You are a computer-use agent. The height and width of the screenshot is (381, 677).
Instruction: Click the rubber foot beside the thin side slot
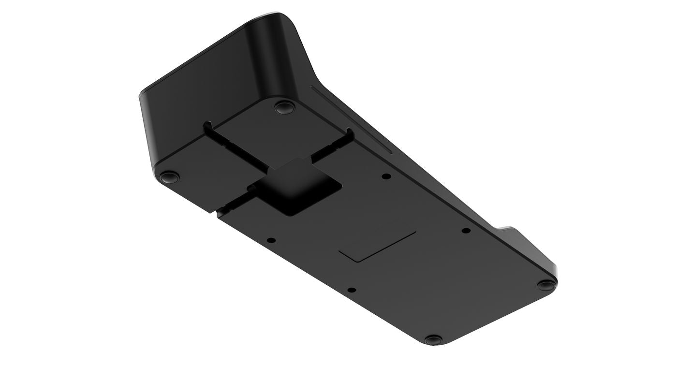(284, 106)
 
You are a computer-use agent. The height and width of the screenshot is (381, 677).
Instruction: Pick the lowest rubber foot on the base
(434, 339)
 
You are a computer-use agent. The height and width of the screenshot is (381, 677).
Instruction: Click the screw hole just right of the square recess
(385, 176)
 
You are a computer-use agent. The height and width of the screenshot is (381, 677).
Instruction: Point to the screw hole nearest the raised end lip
(466, 231)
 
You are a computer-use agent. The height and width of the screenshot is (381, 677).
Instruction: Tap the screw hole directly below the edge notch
(271, 240)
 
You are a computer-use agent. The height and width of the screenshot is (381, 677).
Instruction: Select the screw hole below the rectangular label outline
(352, 290)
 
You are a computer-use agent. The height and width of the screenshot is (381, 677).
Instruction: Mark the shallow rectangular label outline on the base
(378, 246)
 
